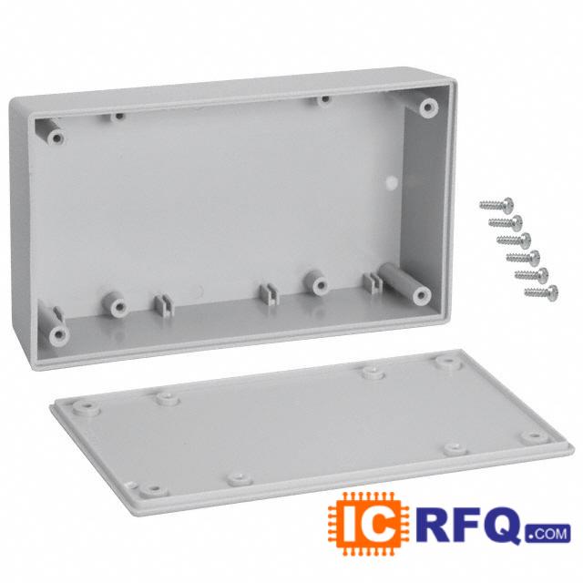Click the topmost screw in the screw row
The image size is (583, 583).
pyautogui.click(x=496, y=204)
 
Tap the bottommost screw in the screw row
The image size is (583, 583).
pyautogui.click(x=541, y=291)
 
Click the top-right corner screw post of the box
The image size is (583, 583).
pyautogui.click(x=428, y=107)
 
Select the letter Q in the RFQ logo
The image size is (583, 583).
pyautogui.click(x=505, y=525)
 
